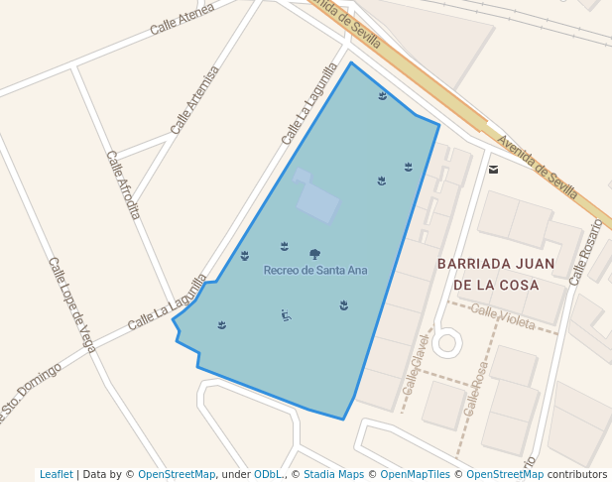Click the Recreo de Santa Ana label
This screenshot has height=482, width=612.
click(315, 270)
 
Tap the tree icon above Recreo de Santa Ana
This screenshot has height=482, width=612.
click(314, 254)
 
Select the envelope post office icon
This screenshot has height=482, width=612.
click(494, 169)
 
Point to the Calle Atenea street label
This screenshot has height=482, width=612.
click(183, 20)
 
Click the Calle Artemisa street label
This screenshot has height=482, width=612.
click(194, 100)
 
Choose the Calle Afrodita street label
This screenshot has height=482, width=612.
click(124, 184)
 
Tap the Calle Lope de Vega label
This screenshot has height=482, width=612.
click(71, 303)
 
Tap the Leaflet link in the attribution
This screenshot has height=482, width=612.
click(57, 474)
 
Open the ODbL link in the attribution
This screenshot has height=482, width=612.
click(267, 474)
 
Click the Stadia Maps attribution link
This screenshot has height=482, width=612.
click(333, 474)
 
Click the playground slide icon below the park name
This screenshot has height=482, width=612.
click(286, 315)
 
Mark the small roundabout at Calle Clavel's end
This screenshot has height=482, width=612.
click(446, 344)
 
